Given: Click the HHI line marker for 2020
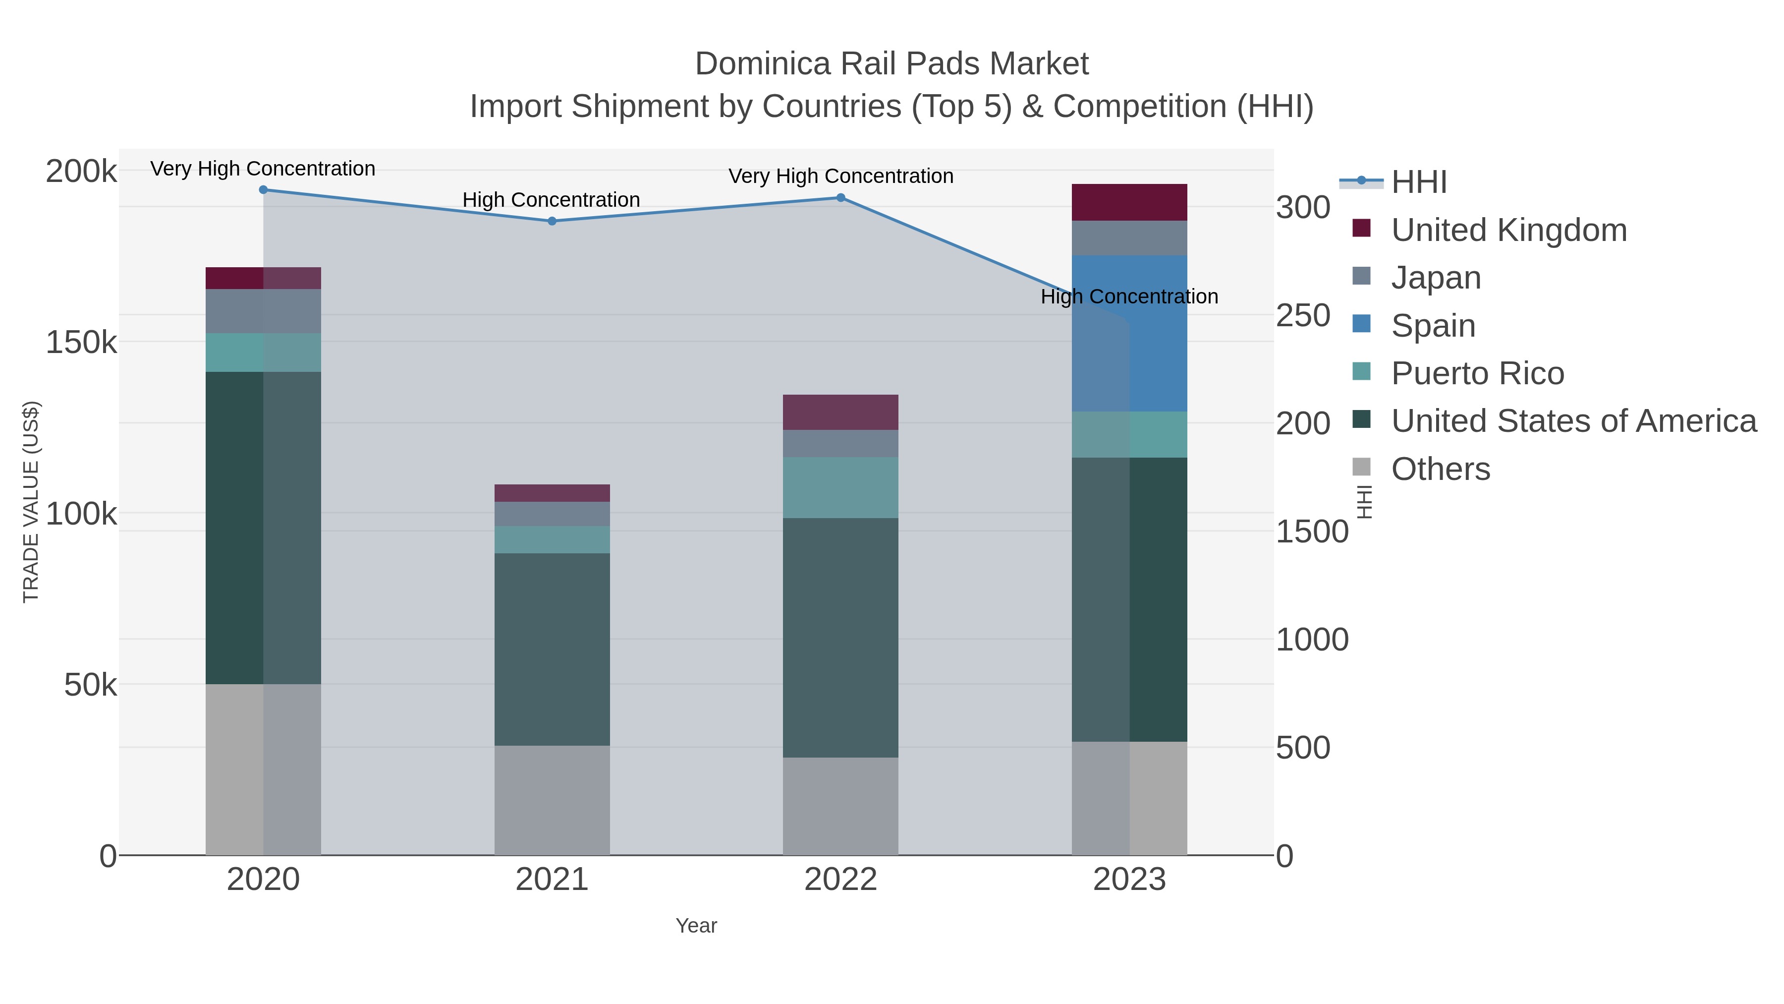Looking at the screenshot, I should pos(263,190).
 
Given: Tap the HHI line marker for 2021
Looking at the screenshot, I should pos(552,221).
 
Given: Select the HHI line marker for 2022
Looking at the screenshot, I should pos(841,197).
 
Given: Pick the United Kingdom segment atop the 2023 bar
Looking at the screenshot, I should pos(1129,202).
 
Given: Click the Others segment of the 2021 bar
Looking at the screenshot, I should pos(552,800).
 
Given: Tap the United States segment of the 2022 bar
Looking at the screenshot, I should pos(841,638).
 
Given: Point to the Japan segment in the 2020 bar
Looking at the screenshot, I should pos(263,311).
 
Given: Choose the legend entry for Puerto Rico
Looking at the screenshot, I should pos(1477,373).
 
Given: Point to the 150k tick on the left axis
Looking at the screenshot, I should pos(81,342).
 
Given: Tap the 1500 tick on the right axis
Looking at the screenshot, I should pos(1312,532).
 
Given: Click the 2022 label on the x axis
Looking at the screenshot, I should pos(841,880).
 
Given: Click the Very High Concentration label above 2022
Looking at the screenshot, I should pos(841,176).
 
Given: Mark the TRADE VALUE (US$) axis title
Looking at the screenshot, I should pos(31,502).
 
